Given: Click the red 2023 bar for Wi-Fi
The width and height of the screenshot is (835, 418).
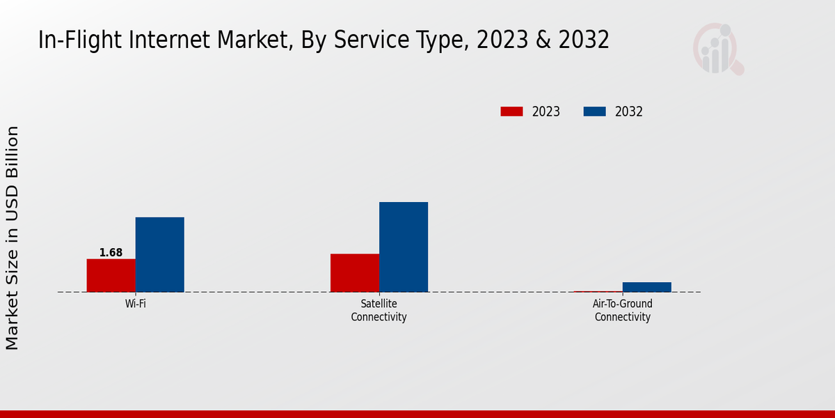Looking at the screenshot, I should click(111, 275).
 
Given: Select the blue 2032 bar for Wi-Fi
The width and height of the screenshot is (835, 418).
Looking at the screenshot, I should click(159, 254).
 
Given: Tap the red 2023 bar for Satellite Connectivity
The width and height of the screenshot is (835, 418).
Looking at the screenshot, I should click(355, 272).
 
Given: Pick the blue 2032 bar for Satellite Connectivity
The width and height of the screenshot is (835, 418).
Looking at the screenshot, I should click(404, 247).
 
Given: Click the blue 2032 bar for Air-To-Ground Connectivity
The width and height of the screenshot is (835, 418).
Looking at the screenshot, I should click(647, 287).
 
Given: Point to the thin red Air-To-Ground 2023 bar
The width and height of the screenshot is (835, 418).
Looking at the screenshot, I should click(598, 291).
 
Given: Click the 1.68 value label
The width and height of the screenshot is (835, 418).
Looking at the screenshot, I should click(111, 253).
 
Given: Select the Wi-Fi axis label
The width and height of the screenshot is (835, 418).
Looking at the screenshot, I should click(135, 304).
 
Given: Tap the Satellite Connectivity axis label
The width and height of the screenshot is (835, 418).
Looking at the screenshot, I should click(379, 310).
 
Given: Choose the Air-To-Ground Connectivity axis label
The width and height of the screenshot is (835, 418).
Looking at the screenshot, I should click(622, 310).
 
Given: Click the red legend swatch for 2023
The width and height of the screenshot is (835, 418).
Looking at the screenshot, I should click(511, 111).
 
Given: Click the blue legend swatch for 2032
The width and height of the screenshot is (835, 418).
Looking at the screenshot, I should click(594, 111).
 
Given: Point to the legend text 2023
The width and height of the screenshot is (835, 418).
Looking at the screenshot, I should click(546, 111).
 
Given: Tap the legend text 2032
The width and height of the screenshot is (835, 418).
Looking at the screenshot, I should click(629, 111).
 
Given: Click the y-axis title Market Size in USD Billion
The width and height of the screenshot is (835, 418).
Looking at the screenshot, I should click(13, 238).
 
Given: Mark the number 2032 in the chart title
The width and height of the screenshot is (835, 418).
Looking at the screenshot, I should click(582, 40).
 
